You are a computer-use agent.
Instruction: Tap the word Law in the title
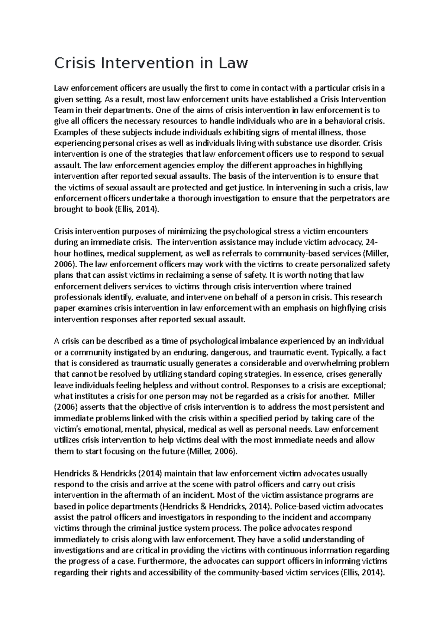coord(232,63)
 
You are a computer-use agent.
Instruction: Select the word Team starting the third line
coord(63,110)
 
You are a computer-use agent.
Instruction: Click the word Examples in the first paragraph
coord(70,132)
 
